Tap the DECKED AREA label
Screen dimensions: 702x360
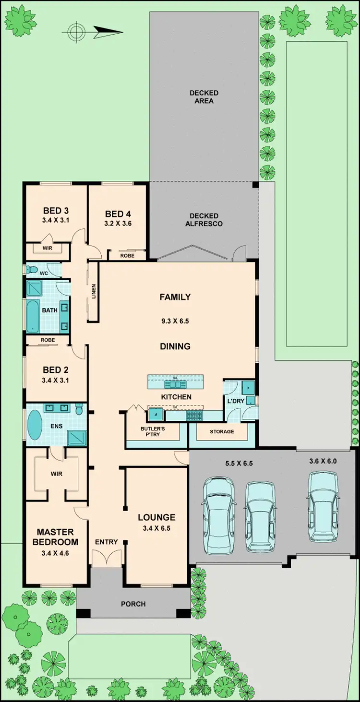[204, 96]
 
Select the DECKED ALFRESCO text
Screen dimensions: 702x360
[204, 220]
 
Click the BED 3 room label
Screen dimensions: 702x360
[56, 211]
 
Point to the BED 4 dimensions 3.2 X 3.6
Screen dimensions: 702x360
[118, 223]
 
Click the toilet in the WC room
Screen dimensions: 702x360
[33, 270]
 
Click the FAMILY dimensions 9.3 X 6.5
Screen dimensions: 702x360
[175, 321]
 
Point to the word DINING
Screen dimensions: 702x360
[175, 346]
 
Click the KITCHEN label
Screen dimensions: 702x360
[176, 397]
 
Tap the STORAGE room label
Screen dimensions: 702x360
[222, 431]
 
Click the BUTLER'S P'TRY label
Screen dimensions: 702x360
[150, 430]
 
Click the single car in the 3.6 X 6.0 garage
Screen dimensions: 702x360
[323, 506]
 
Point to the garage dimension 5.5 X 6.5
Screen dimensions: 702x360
[239, 464]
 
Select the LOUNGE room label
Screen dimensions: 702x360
[156, 517]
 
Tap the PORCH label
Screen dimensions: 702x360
[133, 604]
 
